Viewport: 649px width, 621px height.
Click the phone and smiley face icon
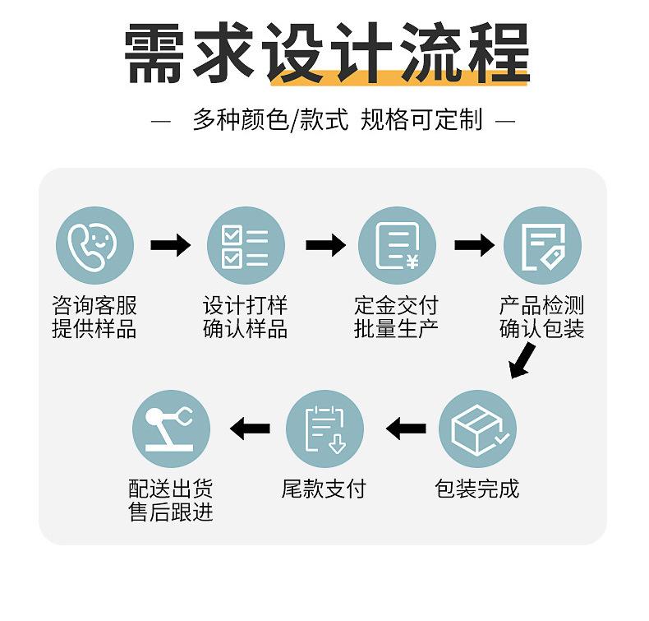pos(94,245)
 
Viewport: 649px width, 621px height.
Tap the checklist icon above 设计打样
pos(246,245)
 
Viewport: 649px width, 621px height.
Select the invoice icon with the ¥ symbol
pos(397,245)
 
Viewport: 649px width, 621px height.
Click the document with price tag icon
pos(542,245)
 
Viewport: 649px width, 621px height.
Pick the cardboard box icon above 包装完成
pos(477,429)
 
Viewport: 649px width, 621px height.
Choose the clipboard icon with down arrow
pos(325,429)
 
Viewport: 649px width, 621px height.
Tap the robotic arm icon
pos(172,429)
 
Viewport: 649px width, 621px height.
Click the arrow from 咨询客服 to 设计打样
pos(171,245)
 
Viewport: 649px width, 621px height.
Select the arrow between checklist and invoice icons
pos(326,245)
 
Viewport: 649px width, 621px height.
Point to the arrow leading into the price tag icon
pos(474,245)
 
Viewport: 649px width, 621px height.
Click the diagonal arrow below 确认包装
pos(522,360)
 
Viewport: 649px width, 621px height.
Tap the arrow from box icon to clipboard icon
pos(406,429)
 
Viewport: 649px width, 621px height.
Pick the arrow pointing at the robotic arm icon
pos(250,429)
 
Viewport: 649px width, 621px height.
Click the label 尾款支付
pos(324,489)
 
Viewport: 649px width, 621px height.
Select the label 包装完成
pos(476,489)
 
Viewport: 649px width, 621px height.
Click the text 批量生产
pos(396,329)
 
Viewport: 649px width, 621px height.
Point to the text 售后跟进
pos(171,512)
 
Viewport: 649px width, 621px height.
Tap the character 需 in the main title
pos(154,53)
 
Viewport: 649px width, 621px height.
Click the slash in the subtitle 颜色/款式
pos(294,120)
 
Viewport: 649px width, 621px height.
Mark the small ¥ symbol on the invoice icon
pos(412,262)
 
